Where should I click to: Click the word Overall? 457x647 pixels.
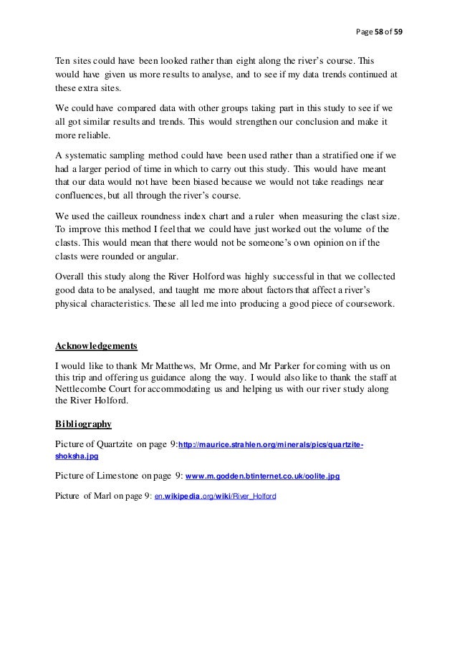(x=73, y=277)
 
